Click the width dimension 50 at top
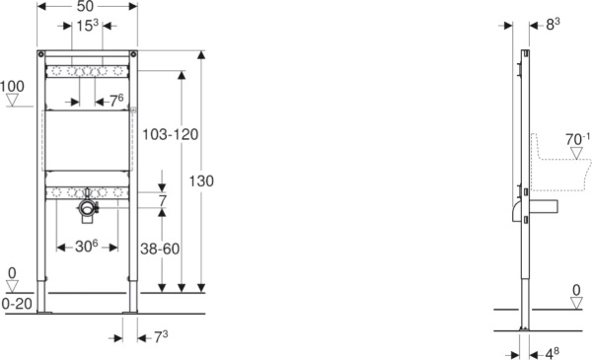tap(87, 7)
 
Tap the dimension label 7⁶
tap(114, 101)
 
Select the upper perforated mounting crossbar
tap(87, 72)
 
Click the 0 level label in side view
tap(575, 290)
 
